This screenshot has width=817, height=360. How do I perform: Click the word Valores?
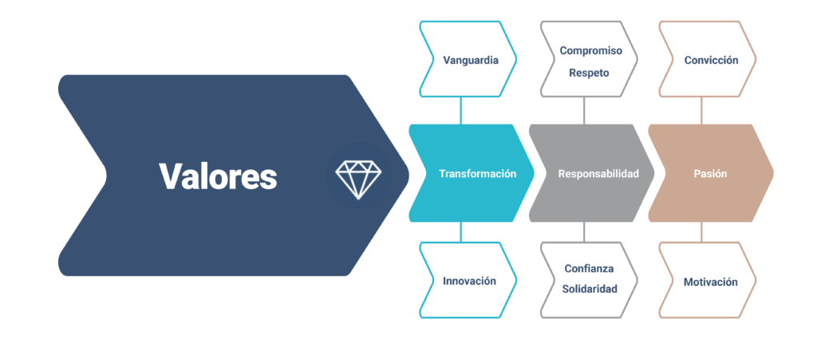coord(217,176)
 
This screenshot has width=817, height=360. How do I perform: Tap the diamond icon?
coord(357,176)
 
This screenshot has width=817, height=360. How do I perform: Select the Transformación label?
coord(477,174)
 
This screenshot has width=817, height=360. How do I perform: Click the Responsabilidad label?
coord(598,174)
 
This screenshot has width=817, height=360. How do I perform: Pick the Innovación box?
coord(469,281)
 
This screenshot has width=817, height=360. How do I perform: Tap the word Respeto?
coord(589,73)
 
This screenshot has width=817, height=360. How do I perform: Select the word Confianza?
coord(589,268)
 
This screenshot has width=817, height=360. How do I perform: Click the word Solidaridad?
coord(589,289)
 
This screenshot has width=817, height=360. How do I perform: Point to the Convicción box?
coord(710,60)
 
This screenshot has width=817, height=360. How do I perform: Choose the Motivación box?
coord(710,282)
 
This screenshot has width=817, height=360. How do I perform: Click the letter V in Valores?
coord(168,176)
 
